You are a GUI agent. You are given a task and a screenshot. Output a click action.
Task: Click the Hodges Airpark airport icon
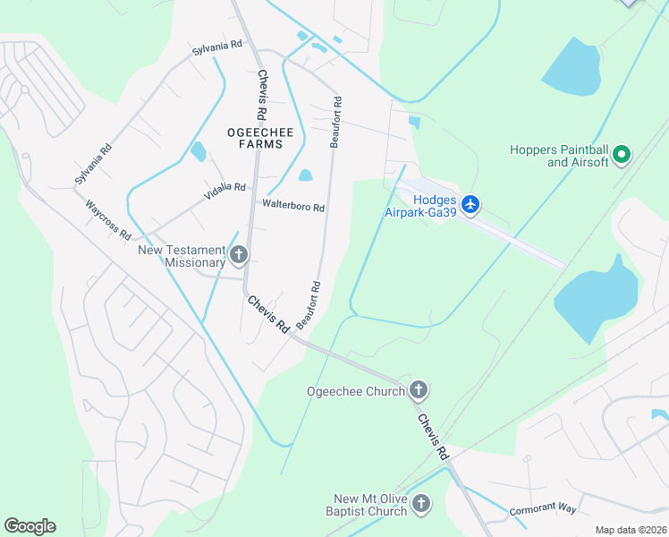(470, 205)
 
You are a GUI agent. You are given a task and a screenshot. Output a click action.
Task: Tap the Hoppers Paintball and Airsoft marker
(622, 156)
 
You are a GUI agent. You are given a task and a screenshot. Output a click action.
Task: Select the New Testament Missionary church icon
(238, 256)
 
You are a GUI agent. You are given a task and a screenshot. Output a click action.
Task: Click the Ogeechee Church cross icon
(418, 389)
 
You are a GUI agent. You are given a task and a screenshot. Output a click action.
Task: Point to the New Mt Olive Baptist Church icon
(422, 505)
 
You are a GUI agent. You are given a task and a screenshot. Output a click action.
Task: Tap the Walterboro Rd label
(292, 207)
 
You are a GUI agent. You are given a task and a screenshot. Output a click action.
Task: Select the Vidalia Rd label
(227, 187)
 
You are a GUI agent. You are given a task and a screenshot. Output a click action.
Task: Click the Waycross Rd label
(109, 219)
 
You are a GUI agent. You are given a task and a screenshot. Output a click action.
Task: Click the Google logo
(30, 526)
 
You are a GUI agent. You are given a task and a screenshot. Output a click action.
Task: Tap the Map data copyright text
(630, 530)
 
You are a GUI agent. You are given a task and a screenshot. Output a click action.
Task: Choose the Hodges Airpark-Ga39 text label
(420, 206)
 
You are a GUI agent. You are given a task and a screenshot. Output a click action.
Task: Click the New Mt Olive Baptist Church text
(370, 505)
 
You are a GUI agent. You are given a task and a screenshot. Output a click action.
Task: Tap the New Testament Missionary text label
(182, 257)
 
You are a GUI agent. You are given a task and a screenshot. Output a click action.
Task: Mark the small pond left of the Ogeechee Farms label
(198, 151)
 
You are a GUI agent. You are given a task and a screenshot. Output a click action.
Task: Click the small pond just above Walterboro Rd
(306, 175)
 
